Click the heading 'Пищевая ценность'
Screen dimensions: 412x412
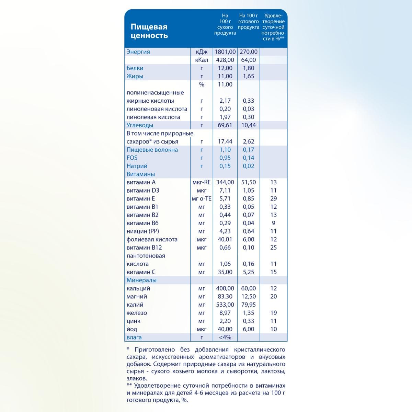(x=149, y=31)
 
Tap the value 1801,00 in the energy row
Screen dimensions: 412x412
(x=225, y=52)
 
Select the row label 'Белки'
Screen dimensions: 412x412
(x=135, y=68)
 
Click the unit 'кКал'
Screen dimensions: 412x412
(x=201, y=60)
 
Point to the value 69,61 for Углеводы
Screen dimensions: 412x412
(x=225, y=125)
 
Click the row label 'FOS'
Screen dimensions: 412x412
(x=132, y=158)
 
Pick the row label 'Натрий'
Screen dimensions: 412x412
(x=137, y=166)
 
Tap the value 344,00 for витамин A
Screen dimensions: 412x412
(x=225, y=182)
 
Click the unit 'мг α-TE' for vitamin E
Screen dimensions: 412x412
(x=202, y=199)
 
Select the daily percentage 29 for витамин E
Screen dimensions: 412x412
(x=273, y=199)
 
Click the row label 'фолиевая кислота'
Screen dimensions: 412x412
(x=152, y=240)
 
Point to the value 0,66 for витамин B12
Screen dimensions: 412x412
(x=225, y=248)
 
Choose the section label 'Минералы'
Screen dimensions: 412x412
(x=141, y=281)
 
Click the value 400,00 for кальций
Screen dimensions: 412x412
(x=225, y=288)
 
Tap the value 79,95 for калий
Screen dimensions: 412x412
(x=248, y=305)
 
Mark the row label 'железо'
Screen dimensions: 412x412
(x=137, y=313)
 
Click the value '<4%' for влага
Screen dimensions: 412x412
(x=225, y=337)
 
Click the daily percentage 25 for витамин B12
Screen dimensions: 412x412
(x=273, y=248)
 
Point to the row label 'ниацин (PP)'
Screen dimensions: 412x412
(x=142, y=231)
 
